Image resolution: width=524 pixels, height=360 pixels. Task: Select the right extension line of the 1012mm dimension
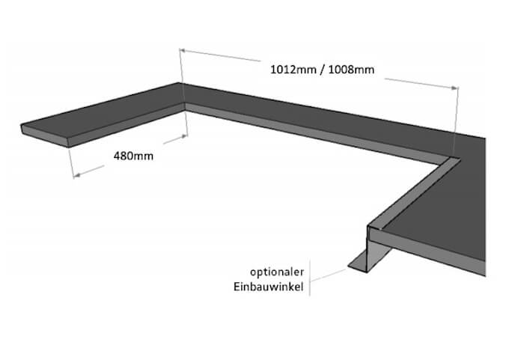456,120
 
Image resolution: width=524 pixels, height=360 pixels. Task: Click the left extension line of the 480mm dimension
71,161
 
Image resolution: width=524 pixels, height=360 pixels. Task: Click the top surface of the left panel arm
105,119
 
